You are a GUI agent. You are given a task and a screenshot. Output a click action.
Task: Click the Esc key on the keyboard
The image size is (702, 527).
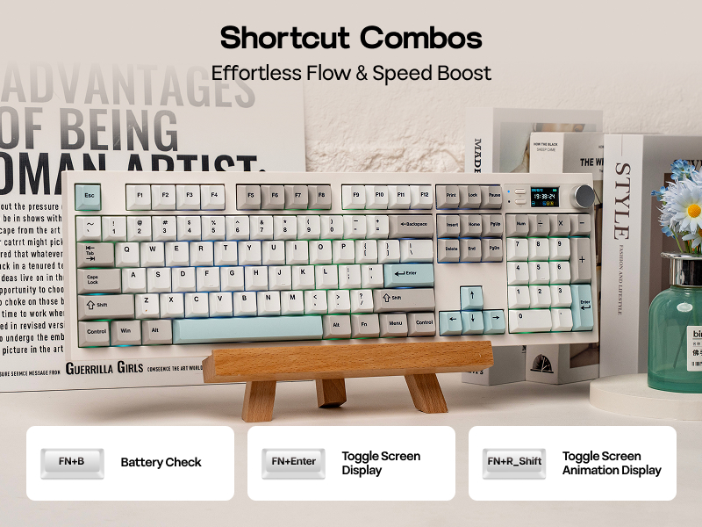[89, 196]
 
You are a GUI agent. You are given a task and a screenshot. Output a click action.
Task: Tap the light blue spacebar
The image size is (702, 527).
[248, 329]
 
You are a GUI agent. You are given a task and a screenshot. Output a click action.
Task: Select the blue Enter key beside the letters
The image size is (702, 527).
[409, 275]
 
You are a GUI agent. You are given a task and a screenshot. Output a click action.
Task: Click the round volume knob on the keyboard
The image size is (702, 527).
[583, 195]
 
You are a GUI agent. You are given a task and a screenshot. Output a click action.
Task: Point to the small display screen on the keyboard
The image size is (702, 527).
[544, 197]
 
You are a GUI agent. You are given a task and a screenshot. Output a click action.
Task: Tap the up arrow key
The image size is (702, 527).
[472, 296]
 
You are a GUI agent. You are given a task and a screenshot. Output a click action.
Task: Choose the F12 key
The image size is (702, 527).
[425, 195]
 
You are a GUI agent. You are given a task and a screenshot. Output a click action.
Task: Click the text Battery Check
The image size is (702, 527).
[161, 463]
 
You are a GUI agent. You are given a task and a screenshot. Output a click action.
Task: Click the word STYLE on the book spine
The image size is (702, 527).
[622, 201]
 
